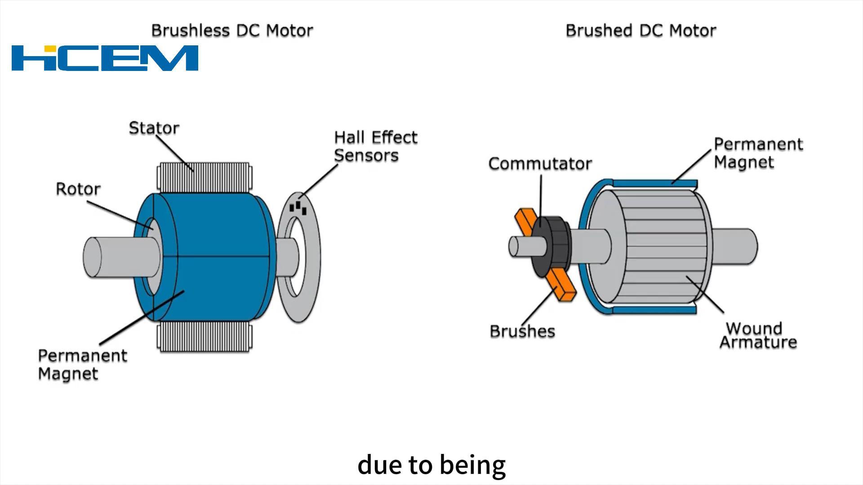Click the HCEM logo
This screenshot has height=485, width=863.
(x=105, y=58)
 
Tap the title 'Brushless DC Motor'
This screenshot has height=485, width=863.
(x=232, y=31)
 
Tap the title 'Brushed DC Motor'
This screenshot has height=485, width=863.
(x=641, y=31)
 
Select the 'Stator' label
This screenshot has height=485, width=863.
(x=154, y=128)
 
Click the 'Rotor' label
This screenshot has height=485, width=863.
(x=78, y=189)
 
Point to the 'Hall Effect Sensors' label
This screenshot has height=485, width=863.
(x=375, y=146)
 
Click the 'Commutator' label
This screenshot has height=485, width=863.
(x=540, y=163)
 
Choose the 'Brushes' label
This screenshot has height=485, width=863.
(x=522, y=331)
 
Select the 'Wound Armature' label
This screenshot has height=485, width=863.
(x=758, y=335)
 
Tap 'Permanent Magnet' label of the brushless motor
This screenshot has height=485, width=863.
(x=82, y=365)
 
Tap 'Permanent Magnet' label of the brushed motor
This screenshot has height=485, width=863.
(x=758, y=153)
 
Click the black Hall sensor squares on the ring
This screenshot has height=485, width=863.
(x=298, y=208)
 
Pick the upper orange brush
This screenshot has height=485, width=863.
(x=525, y=220)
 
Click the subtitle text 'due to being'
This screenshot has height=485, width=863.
(x=431, y=465)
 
